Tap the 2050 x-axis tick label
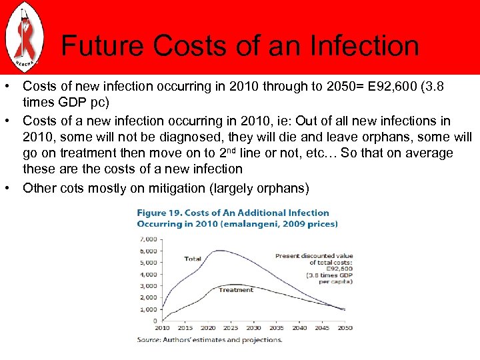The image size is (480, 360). click(345, 328)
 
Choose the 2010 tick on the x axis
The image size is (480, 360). click(161, 328)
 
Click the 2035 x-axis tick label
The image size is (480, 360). click(276, 328)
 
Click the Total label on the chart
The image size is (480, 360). click(193, 259)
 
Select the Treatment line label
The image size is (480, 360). click(236, 290)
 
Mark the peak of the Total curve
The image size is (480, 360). click(217, 251)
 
